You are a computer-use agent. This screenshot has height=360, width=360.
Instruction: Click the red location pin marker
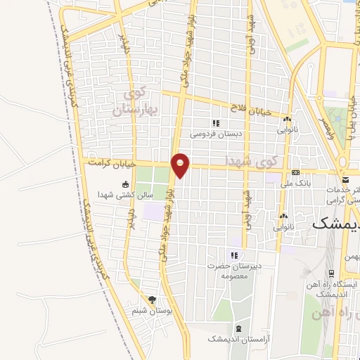point(181,165)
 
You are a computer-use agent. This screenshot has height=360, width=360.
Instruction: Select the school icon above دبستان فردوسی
point(217,122)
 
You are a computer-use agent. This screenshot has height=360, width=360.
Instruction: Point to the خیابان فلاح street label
point(257,109)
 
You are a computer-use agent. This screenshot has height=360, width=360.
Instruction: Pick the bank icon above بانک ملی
point(296,173)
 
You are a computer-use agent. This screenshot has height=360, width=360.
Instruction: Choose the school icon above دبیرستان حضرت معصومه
point(235,255)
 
